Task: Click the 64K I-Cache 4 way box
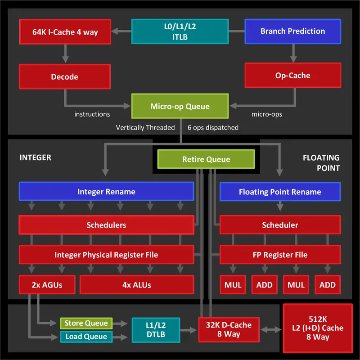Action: pos(65,31)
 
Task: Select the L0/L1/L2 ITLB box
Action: pos(180,31)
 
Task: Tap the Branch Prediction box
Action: pos(293,31)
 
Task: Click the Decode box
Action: pos(65,76)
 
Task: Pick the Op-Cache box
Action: pos(293,75)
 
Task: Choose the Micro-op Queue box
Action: pos(180,106)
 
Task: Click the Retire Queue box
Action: pos(206,159)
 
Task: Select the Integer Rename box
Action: pos(107,192)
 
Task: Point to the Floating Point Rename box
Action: pos(280,192)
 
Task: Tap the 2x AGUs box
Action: pos(47,285)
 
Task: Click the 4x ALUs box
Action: pos(137,285)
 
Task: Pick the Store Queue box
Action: pos(86,323)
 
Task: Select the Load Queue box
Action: pos(86,337)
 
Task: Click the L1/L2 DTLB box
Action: pos(156,330)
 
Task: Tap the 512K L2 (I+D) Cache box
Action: pos(318,328)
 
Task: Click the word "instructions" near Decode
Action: pos(92,114)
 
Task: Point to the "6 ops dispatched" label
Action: pos(213,127)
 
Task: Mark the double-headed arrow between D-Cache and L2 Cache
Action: pos(271,330)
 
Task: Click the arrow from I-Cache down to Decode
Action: pos(65,54)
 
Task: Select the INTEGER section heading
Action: pos(36,157)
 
